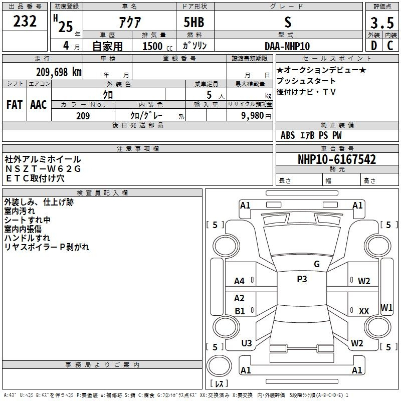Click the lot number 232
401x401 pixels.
(25, 21)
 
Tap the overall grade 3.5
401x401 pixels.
(382, 23)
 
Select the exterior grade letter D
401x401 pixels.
(374, 46)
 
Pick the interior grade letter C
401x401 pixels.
(390, 46)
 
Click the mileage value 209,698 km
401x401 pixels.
(59, 72)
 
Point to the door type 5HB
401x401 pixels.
(194, 22)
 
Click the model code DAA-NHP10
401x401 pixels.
(287, 46)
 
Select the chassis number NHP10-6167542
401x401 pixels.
(337, 159)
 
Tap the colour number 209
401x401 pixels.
(83, 116)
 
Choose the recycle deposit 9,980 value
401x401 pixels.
(253, 116)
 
